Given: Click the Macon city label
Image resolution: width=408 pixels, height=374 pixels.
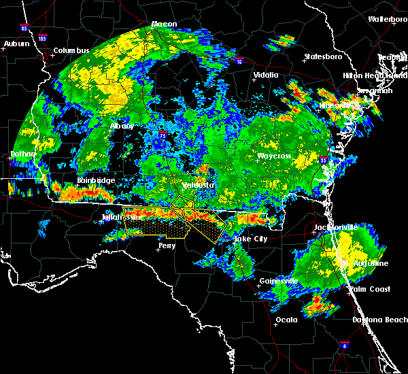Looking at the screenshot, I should (x=163, y=24).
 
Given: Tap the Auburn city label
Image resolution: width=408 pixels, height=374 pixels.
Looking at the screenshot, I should (x=17, y=44).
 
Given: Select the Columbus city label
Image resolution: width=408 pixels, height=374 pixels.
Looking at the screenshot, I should (x=71, y=51).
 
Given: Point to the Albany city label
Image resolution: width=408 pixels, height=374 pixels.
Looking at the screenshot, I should (x=122, y=126).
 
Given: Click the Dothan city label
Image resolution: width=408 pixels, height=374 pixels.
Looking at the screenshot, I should (x=22, y=154).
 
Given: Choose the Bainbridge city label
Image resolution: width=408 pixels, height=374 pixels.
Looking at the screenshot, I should (x=95, y=180).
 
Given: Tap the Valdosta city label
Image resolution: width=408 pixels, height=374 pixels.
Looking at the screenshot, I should (x=197, y=185).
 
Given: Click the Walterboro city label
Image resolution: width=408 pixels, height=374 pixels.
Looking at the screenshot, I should (x=387, y=19).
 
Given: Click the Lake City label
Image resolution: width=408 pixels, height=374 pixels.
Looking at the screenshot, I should (x=250, y=239).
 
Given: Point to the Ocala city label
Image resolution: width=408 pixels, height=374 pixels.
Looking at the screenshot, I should (x=287, y=320).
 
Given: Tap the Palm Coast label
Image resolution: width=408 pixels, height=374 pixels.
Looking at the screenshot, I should (x=370, y=290).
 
